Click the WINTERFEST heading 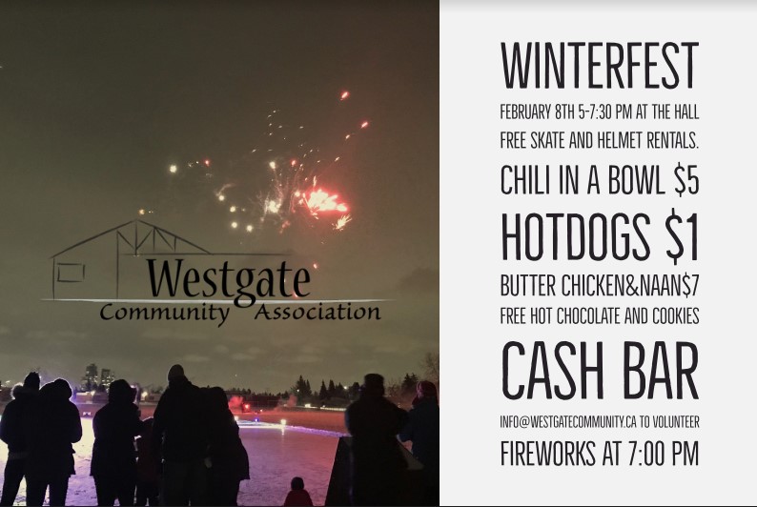(x=600, y=66)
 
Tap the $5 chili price (x=686, y=180)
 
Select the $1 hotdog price (x=683, y=238)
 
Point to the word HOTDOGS (x=576, y=237)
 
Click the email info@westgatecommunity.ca (x=568, y=422)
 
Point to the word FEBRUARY (x=525, y=112)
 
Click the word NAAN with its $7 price (x=668, y=286)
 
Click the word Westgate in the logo (x=228, y=278)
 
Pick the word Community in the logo (x=165, y=313)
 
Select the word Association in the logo (x=317, y=313)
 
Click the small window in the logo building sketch (x=71, y=273)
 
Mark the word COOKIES (x=676, y=316)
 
